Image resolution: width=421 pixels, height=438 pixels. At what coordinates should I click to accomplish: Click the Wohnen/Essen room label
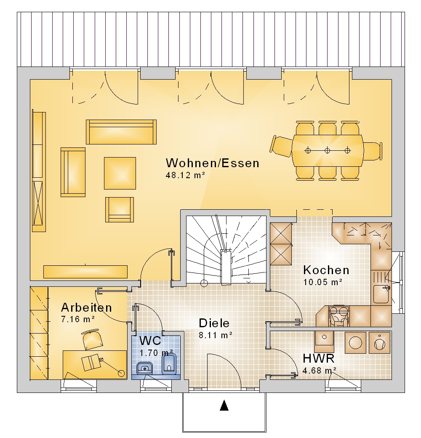coord(213,163)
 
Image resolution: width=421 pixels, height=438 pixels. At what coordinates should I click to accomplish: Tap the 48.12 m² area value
coord(185,175)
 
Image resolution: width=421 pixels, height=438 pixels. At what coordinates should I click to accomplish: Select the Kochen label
coord(326,270)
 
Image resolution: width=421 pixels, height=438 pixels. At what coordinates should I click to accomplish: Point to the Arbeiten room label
coord(86,307)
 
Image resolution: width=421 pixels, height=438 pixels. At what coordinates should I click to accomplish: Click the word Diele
coord(214,323)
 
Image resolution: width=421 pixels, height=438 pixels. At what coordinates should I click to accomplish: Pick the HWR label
coord(319,358)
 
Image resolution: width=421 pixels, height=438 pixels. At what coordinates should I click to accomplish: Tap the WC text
coord(150,341)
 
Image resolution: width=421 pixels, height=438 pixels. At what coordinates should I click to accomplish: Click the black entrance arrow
coord(224,406)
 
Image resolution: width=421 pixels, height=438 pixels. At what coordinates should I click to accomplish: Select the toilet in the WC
coord(169,364)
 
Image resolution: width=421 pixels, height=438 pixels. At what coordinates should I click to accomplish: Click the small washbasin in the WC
coord(145,369)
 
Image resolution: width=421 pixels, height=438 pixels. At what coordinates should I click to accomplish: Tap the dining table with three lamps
coord(328,151)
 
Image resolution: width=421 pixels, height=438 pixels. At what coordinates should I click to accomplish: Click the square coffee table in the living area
coord(120,173)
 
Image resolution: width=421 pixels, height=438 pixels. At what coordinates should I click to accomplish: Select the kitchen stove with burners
coord(339,316)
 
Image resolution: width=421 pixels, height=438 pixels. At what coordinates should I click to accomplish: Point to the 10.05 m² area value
coord(323,282)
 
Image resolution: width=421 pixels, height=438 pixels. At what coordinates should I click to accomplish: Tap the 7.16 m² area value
coord(78,319)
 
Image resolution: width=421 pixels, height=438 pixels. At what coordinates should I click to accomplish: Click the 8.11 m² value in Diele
coord(216,335)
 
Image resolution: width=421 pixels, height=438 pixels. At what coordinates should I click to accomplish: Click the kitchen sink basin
coord(381,294)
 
